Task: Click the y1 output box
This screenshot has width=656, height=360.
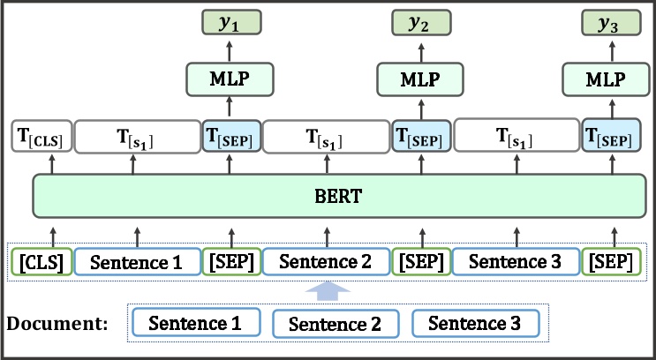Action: [229, 24]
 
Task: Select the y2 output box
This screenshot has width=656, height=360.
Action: [418, 24]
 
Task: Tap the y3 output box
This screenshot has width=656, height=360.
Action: [607, 24]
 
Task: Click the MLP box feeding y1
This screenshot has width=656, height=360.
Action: [229, 79]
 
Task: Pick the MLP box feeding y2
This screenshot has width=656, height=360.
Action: [418, 79]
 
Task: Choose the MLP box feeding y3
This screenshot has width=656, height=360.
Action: [607, 79]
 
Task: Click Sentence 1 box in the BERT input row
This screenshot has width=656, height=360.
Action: [137, 261]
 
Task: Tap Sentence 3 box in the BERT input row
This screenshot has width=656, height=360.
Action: [516, 261]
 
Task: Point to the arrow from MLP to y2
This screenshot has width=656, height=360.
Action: [418, 51]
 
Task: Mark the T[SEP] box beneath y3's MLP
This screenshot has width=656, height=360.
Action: [608, 136]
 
